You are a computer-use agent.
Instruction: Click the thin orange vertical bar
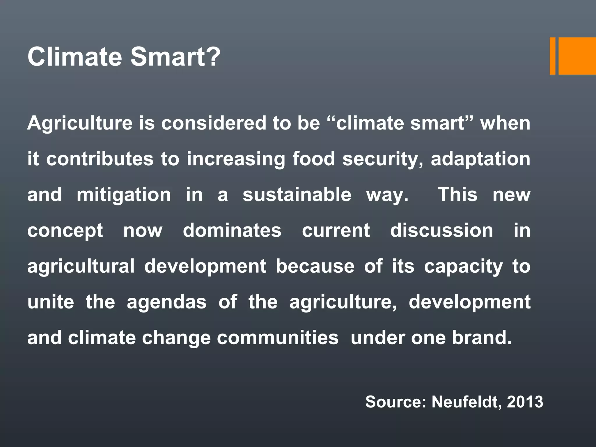click(552, 56)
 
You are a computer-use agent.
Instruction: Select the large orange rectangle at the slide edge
click(577, 56)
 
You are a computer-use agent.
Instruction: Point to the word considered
click(214, 123)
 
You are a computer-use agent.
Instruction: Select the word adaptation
click(480, 159)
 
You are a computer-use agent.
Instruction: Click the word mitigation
click(124, 195)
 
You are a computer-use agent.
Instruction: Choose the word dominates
click(232, 230)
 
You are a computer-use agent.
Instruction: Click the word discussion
click(441, 230)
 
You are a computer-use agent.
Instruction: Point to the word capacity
click(463, 267)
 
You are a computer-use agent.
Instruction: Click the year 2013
click(525, 402)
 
